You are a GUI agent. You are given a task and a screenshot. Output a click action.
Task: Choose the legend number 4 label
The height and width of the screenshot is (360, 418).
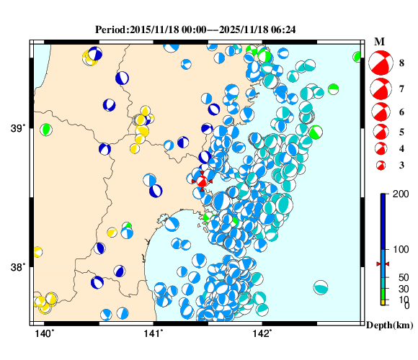[401, 148]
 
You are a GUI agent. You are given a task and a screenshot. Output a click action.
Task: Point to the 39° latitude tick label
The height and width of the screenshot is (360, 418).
[17, 129]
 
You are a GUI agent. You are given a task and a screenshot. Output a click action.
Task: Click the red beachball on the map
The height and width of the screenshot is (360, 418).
[203, 181]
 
